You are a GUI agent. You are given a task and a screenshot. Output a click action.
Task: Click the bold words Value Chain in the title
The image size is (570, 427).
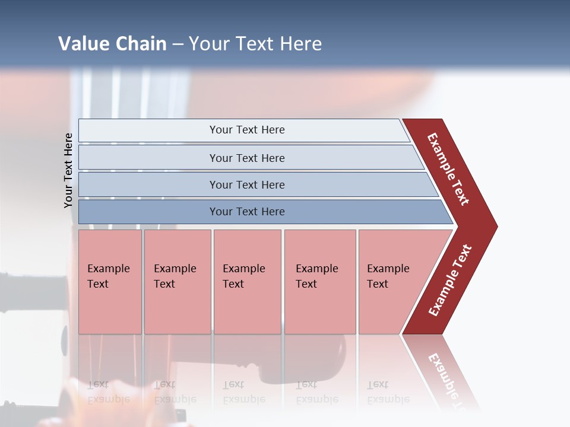tap(112, 44)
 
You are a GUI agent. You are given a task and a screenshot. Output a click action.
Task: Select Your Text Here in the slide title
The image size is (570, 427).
tap(255, 44)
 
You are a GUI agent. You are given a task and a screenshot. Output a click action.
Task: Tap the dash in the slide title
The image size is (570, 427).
tap(178, 44)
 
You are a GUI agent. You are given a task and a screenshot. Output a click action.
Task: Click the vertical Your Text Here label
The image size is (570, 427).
tap(68, 171)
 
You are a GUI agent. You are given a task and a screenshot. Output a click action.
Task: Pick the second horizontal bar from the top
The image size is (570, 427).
tap(247, 158)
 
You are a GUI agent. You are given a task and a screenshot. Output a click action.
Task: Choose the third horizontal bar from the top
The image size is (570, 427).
tap(247, 184)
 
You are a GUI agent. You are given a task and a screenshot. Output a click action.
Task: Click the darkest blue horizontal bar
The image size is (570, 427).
tap(247, 212)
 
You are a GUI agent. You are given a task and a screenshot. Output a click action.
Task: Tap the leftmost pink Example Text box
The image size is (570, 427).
tap(110, 281)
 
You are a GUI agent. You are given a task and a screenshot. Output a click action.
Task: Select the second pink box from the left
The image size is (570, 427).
tap(177, 281)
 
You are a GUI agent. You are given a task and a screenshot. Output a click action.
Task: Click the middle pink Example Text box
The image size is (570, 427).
tap(247, 281)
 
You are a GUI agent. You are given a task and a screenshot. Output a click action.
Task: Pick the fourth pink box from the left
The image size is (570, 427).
tap(319, 281)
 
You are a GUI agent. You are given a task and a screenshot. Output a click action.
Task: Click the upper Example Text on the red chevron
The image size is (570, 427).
tap(448, 169)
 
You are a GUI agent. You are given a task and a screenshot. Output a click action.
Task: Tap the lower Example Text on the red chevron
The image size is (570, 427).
tap(450, 280)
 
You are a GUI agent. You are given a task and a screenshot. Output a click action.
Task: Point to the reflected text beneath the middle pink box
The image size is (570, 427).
tap(243, 392)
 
